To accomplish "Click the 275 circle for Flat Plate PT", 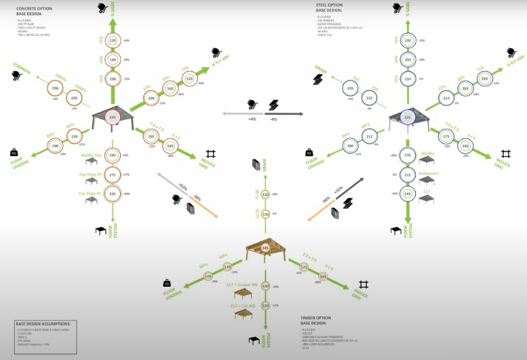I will [x=112, y=175].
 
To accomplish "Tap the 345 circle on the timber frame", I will [x=266, y=248].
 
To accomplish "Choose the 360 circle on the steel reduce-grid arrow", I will [x=465, y=145].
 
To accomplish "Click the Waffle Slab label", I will [x=89, y=156].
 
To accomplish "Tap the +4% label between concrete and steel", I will [x=251, y=119].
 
